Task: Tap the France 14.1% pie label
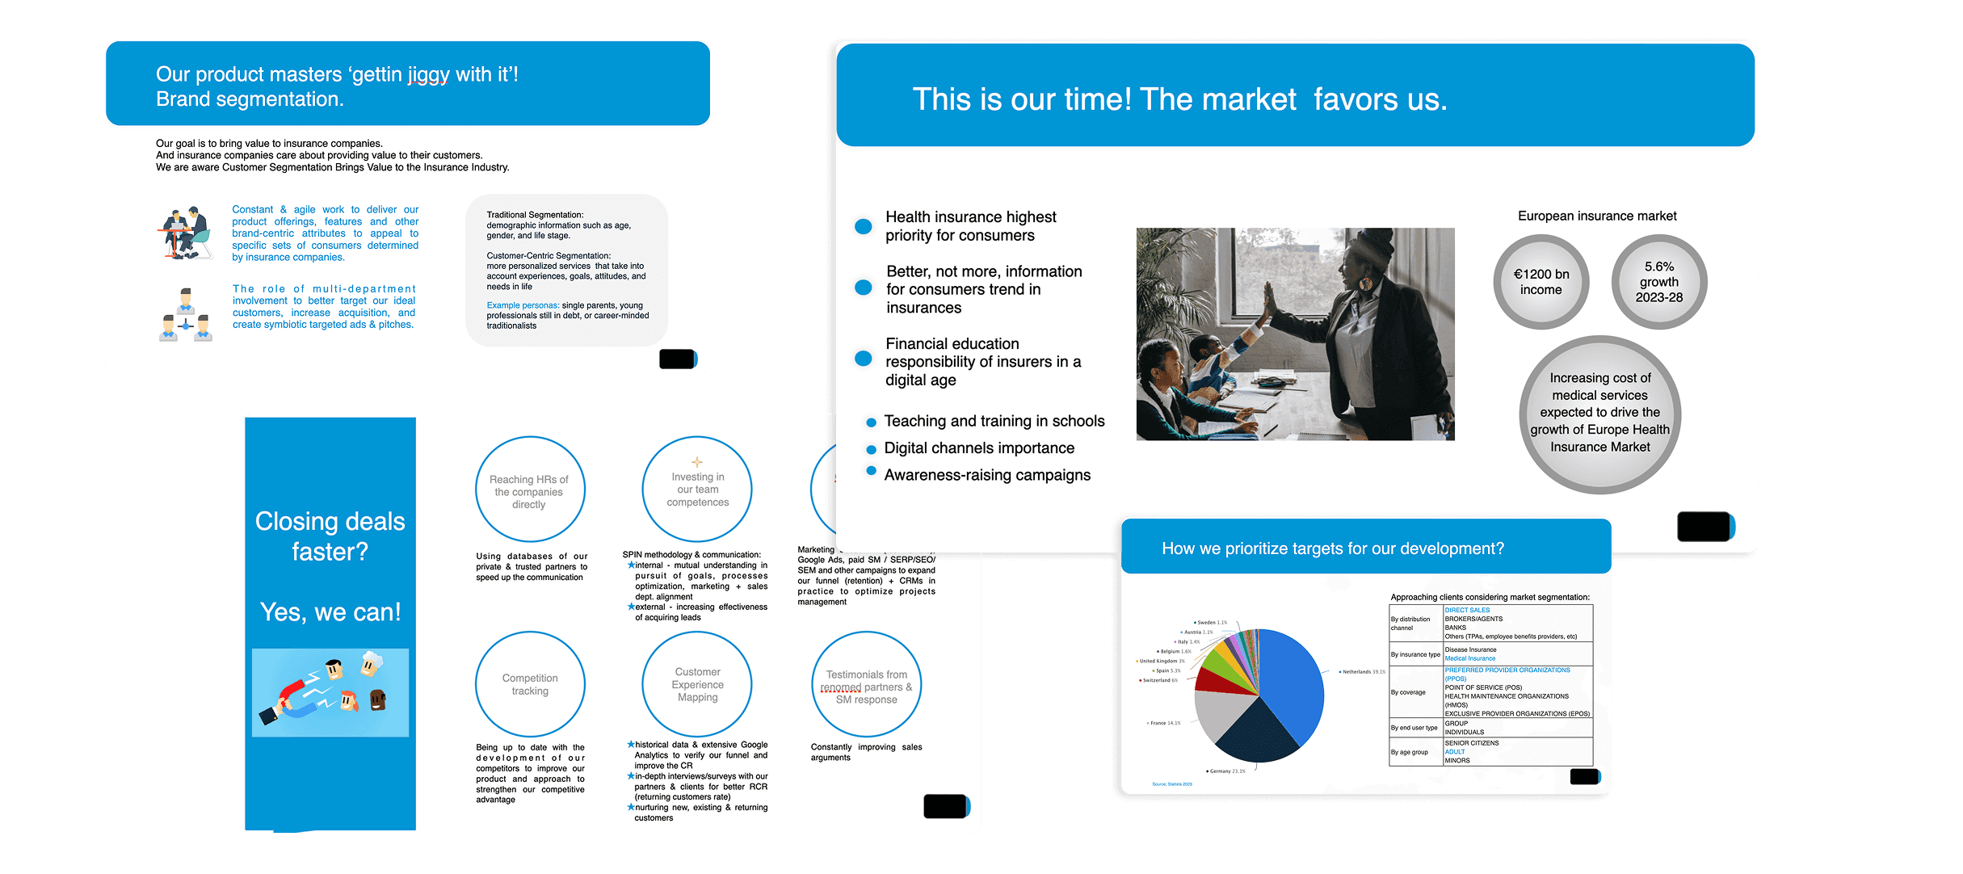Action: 1164,723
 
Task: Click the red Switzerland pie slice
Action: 1212,680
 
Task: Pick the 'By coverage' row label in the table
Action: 1408,692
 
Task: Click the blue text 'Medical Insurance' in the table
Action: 1470,658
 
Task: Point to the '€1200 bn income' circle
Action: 1541,282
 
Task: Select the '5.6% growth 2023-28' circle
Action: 1659,282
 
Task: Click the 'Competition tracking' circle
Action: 530,684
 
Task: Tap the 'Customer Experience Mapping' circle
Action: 697,684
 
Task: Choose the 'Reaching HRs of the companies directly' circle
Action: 529,491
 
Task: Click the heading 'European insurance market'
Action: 1597,216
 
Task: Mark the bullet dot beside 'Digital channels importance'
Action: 871,449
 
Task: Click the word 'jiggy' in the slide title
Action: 428,74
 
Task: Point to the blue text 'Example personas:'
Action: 523,305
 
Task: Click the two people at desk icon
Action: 184,233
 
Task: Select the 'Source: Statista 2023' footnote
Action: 1172,784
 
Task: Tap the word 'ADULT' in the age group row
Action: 1455,751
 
